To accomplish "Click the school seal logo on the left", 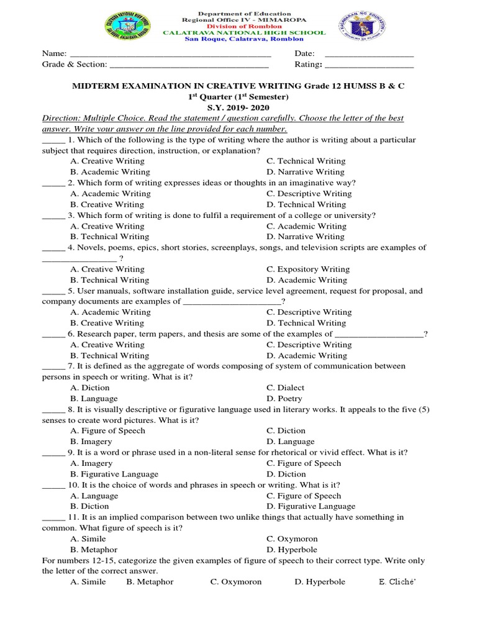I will point(128,29).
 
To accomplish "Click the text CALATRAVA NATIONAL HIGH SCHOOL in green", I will point(243,32).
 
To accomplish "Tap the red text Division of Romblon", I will point(243,26).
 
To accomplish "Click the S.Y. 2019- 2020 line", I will point(239,107).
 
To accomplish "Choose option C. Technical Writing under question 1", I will point(306,161).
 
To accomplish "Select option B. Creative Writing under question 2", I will point(107,204).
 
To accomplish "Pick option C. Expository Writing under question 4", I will point(308,270).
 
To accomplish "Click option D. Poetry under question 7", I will point(284,399).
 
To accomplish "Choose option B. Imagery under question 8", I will point(91,442).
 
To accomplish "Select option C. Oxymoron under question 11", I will point(292,539).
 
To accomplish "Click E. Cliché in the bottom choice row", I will point(396,582).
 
